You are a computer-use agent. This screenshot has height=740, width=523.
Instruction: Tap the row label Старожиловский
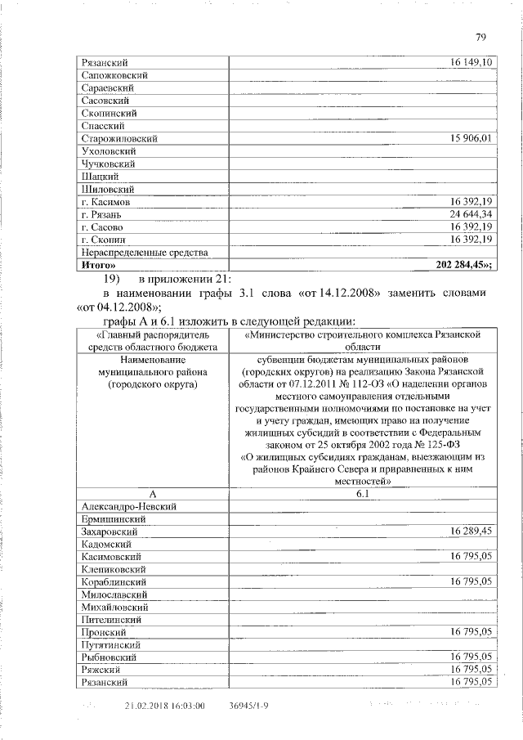coord(119,139)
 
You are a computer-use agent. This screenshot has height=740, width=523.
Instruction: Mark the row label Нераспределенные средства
coord(140,253)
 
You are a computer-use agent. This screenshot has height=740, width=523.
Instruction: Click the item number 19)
coord(111,278)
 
